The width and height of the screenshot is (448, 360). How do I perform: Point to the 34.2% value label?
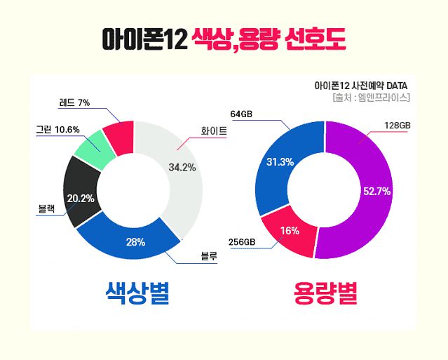182,167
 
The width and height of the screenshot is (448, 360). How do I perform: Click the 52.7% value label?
376,190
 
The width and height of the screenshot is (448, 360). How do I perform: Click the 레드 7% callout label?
74,102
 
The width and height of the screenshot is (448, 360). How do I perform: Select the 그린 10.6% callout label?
58,129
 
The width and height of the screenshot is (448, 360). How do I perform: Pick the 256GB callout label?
242,242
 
